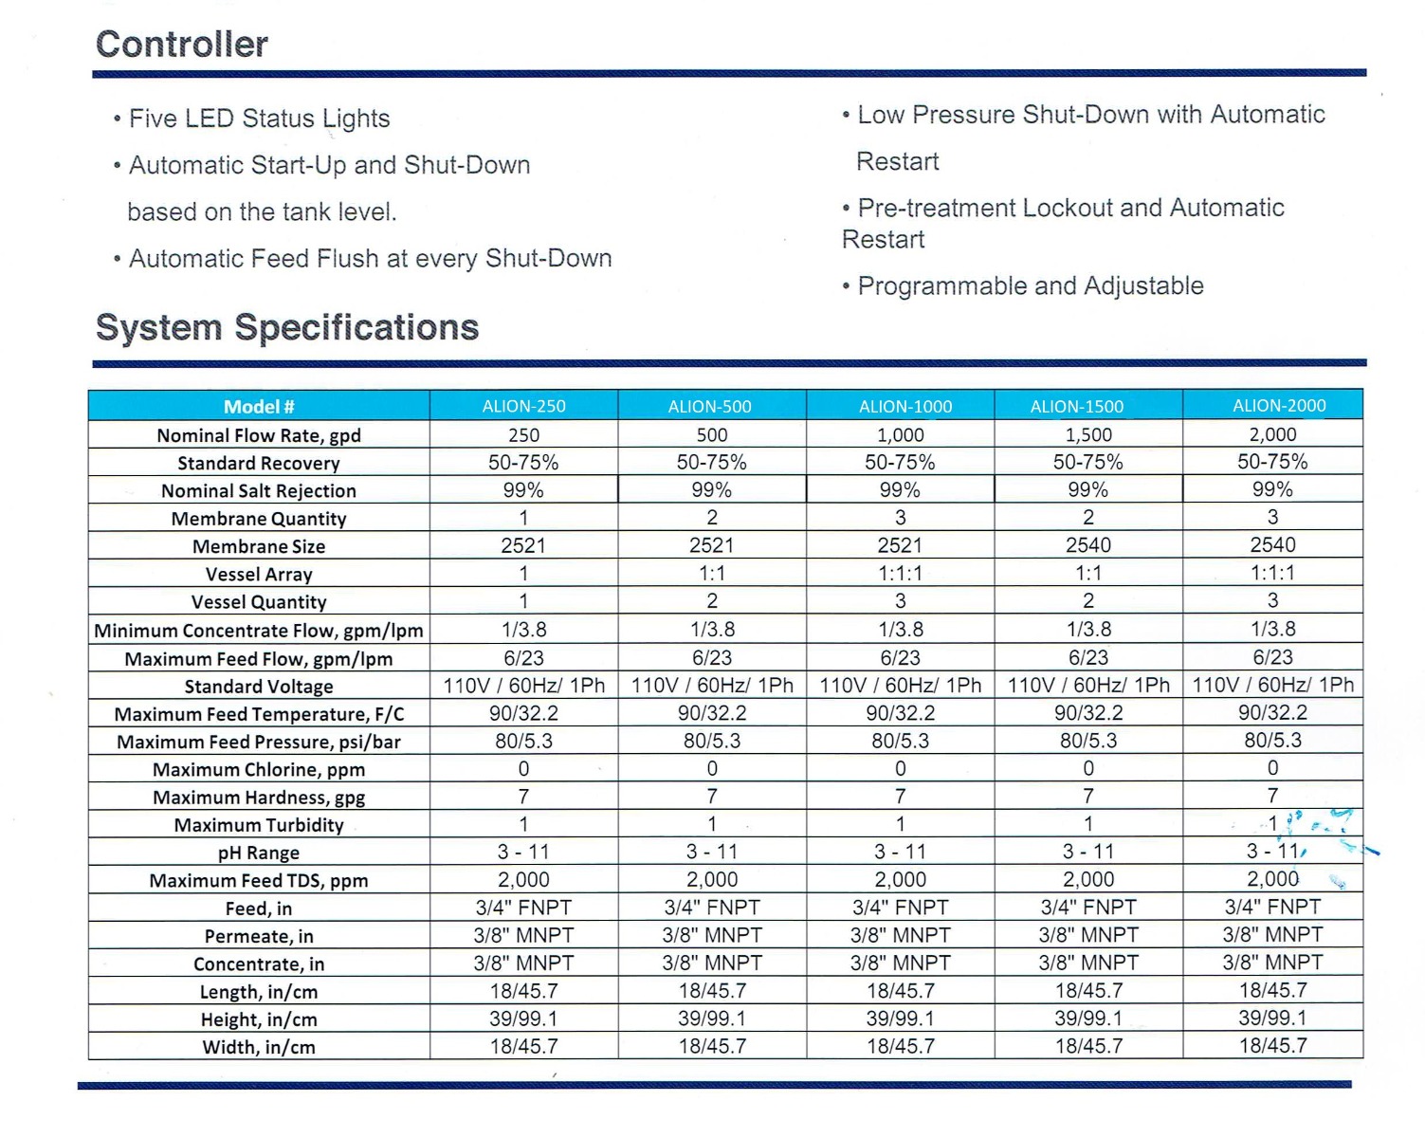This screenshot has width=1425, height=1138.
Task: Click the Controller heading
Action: pos(181,45)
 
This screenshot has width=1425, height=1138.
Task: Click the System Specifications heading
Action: pos(286,327)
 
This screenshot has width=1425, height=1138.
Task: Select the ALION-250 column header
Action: pos(523,406)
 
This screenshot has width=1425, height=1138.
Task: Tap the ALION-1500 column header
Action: pos(1077,406)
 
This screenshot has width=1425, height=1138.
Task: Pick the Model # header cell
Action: pos(259,406)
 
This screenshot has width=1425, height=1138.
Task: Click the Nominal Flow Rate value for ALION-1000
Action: pos(901,435)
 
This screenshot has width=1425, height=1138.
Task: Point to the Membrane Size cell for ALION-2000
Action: pos(1272,545)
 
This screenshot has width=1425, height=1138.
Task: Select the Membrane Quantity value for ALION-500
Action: pos(712,518)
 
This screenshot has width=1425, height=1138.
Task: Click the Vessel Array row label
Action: pos(259,575)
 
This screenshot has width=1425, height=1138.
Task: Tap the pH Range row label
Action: pos(259,853)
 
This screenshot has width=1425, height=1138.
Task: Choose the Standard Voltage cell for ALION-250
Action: pos(523,686)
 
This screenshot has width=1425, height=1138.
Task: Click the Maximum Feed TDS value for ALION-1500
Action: pos(1088,879)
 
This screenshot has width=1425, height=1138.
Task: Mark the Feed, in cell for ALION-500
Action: pos(712,907)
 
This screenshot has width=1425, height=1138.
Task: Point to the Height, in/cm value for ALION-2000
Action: pos(1272,1018)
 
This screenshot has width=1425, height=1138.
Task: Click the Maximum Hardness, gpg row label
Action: pos(259,798)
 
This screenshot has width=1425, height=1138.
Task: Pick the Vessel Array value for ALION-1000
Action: pos(901,573)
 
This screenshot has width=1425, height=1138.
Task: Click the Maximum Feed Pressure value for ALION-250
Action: pos(523,741)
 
